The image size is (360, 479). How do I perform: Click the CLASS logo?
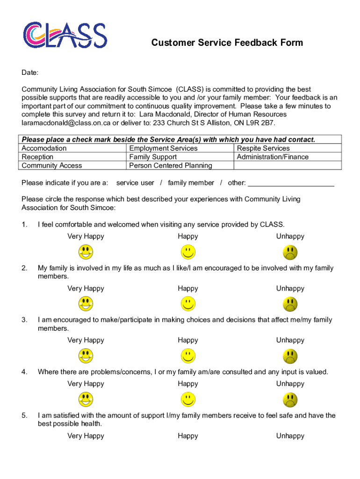(65, 35)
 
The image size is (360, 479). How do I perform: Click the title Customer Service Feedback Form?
(227, 43)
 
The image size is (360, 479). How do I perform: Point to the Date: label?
(30, 73)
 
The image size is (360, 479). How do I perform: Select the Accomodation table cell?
(44, 148)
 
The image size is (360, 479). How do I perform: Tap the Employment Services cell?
(163, 148)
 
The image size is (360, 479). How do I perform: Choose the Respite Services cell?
(264, 148)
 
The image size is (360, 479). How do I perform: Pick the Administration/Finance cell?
(273, 157)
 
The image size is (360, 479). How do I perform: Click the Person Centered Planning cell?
(171, 166)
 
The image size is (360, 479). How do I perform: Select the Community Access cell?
(52, 166)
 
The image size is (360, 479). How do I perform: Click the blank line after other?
(291, 183)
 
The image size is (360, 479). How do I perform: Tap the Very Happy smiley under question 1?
(86, 252)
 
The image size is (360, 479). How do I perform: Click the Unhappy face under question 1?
(290, 252)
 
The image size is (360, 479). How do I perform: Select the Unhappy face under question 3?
(290, 356)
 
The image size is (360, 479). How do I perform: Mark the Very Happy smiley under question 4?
(86, 399)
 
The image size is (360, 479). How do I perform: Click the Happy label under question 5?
(188, 436)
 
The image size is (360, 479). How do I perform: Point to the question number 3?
(24, 320)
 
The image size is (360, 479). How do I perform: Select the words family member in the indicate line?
(191, 183)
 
